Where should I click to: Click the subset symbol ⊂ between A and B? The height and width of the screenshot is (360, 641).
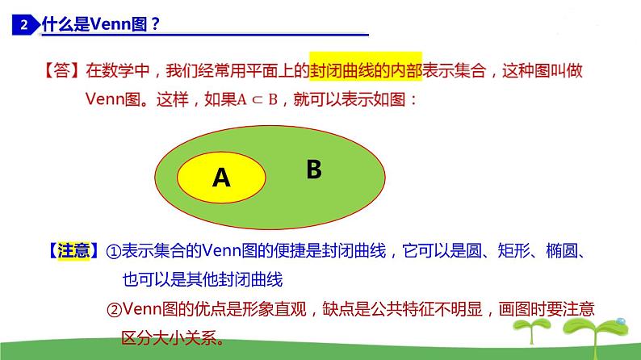(255, 101)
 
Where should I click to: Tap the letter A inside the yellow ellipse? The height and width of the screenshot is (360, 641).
(221, 178)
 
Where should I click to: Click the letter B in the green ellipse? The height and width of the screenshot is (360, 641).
(314, 170)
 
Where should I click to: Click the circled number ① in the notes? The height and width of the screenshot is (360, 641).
(114, 252)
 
